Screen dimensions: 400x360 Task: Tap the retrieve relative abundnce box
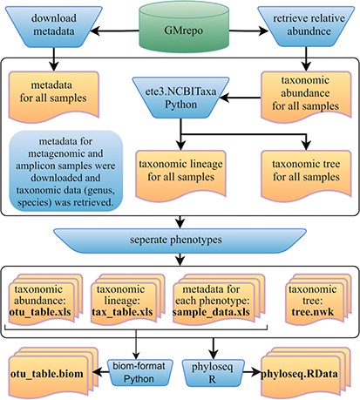point(306,27)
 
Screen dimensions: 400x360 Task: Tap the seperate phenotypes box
point(180,239)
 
